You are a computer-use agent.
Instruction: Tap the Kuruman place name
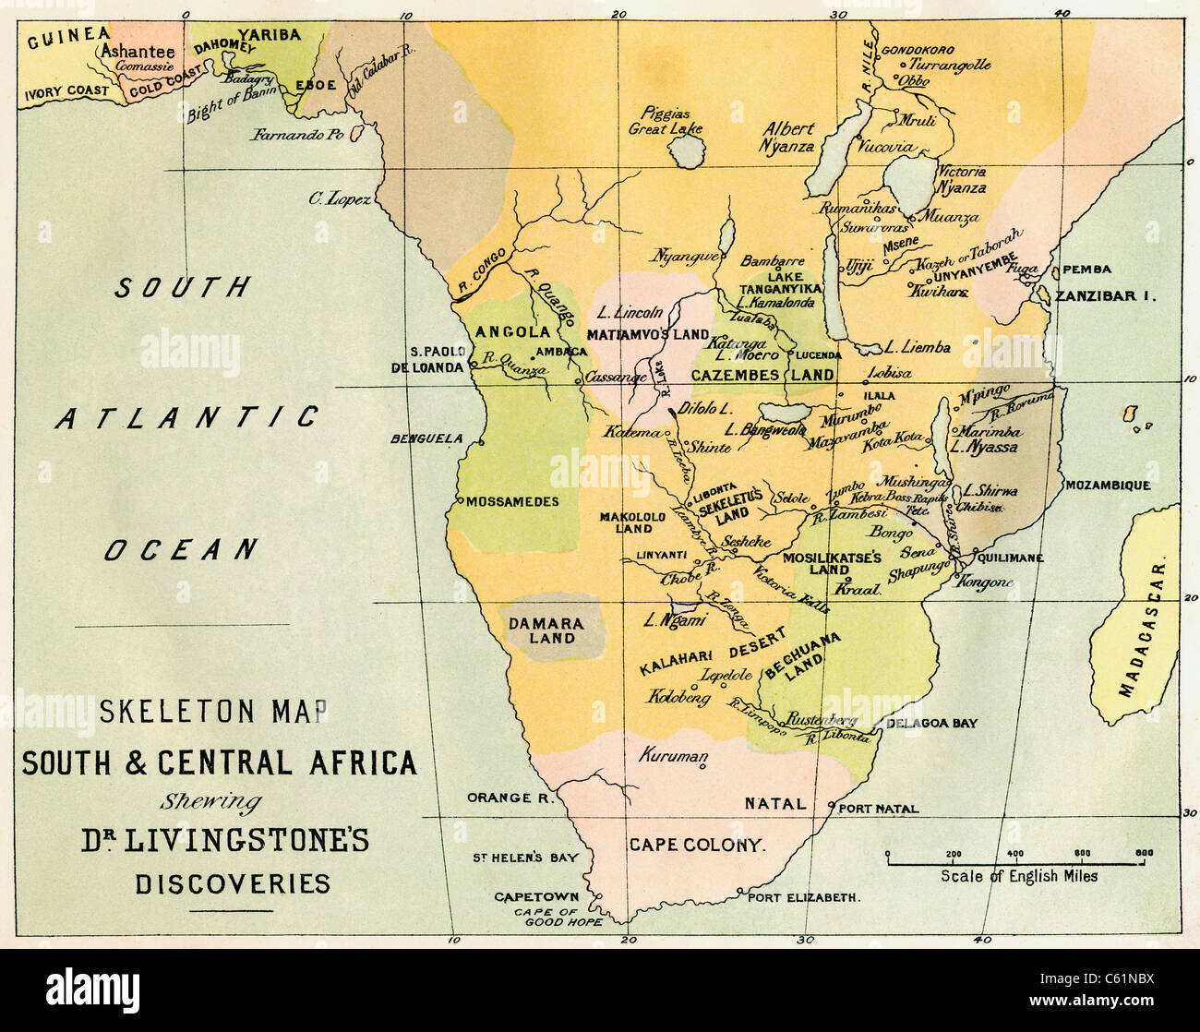(x=673, y=755)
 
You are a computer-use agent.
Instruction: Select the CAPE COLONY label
(x=697, y=845)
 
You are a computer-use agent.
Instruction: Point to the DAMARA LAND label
(x=546, y=630)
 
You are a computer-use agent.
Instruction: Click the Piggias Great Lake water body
(x=686, y=151)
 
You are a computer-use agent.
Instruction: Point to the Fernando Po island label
(x=296, y=135)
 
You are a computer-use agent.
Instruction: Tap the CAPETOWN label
(x=536, y=896)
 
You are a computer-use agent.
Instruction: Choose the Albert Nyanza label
(x=787, y=137)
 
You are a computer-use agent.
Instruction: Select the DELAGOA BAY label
(x=930, y=724)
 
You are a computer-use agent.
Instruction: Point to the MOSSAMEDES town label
(x=512, y=502)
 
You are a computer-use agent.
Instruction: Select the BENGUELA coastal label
(x=426, y=438)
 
